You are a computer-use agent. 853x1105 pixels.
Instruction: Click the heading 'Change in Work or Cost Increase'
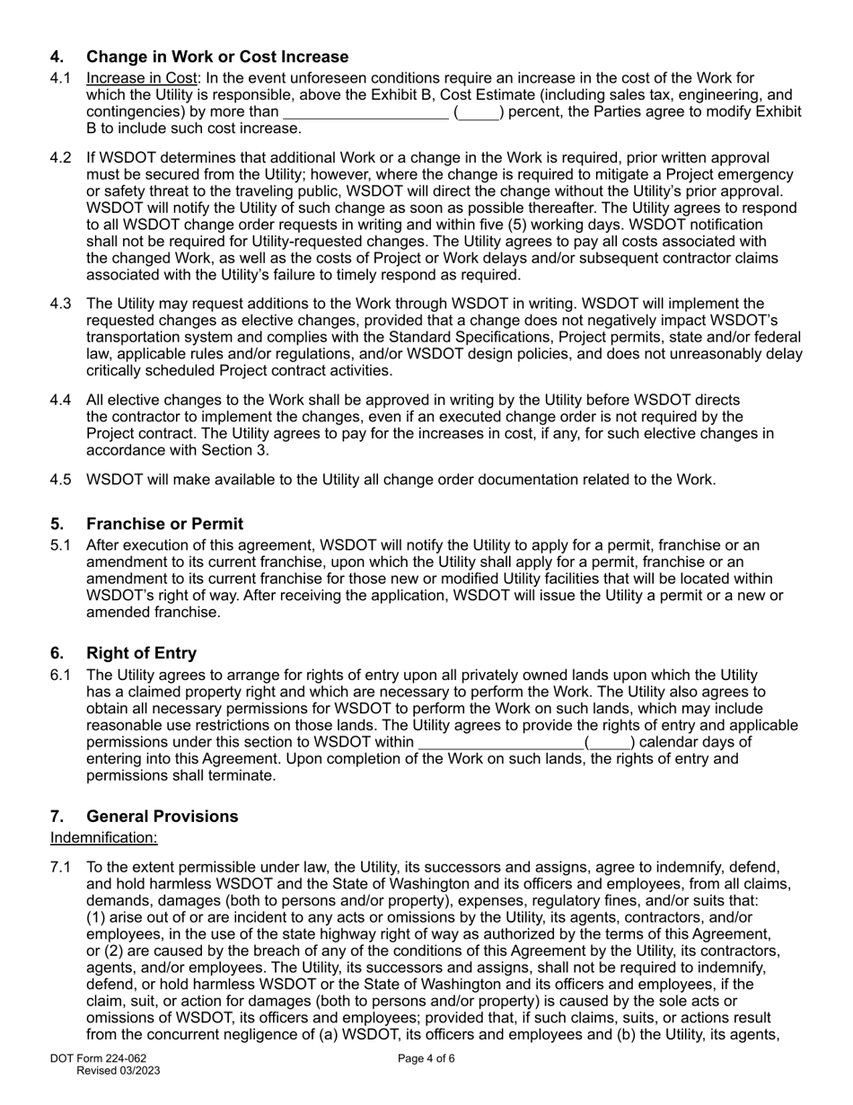[x=217, y=57]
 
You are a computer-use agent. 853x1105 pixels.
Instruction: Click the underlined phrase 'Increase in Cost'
[x=141, y=78]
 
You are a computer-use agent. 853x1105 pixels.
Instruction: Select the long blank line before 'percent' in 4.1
[x=365, y=112]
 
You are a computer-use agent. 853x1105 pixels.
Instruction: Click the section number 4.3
[x=60, y=304]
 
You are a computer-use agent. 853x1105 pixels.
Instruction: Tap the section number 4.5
[x=60, y=479]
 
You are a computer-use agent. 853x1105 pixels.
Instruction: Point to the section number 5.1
[x=60, y=545]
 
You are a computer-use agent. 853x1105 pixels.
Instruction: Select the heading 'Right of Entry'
[x=141, y=653]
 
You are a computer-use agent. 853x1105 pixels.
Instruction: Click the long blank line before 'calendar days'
[x=500, y=742]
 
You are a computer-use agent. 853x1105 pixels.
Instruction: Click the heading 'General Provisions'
[x=162, y=816]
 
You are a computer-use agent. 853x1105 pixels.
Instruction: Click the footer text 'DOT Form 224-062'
[x=98, y=1058]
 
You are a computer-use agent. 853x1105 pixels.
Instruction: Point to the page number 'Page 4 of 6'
[x=426, y=1058]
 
